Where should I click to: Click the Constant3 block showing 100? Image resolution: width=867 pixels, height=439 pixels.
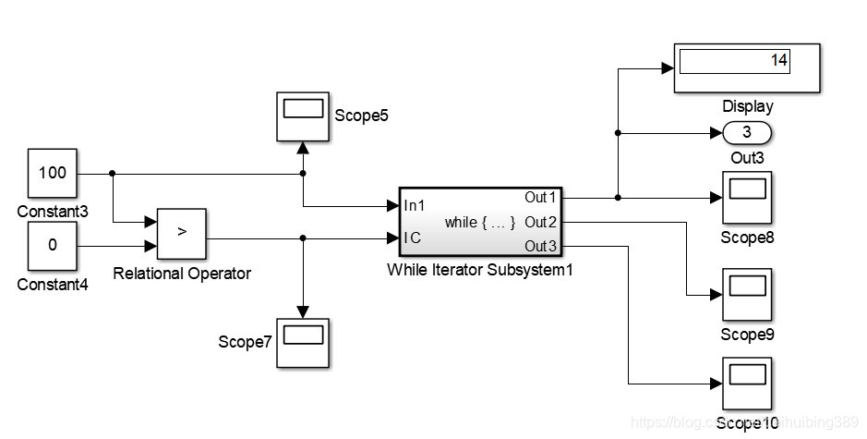coord(52,173)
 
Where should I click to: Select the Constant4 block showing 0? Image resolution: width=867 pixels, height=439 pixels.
coord(52,246)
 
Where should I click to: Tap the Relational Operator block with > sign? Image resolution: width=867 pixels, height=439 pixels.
coord(181,233)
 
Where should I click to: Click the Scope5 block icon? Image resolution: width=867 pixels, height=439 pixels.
coord(303,116)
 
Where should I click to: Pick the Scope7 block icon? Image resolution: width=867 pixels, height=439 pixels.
coord(303,342)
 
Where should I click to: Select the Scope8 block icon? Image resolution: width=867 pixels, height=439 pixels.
coord(746,196)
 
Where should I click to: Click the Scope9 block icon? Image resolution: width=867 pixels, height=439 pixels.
coord(746,294)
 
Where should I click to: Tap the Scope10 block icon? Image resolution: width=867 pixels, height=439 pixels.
coord(746,383)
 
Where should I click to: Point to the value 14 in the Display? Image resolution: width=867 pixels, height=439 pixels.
coord(778,61)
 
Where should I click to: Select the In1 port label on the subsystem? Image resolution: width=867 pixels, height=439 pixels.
coord(415,206)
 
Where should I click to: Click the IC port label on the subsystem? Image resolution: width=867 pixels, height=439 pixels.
coord(412,238)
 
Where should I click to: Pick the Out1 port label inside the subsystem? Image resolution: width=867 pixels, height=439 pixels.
coord(541,197)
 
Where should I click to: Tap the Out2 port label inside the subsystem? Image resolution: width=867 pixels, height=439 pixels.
coord(541,222)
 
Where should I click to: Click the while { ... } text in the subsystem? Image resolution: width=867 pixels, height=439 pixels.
coord(479,222)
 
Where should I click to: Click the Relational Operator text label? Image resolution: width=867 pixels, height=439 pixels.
coord(181,273)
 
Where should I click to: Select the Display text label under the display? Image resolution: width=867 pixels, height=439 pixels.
coord(747,106)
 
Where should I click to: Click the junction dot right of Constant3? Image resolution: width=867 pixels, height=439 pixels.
coord(112,173)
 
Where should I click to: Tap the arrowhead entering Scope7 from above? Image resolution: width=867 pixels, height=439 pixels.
coord(303,312)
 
